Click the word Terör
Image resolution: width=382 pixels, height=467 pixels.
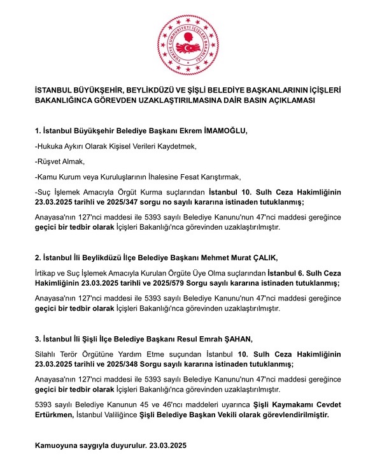coord(74,353)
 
